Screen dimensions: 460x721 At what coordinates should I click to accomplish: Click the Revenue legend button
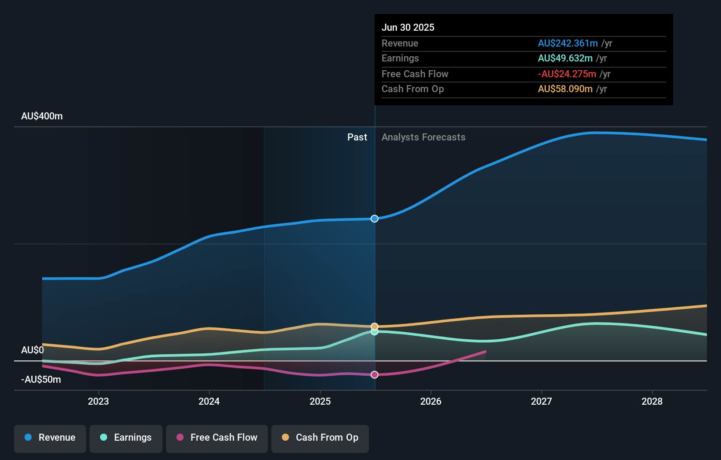pos(50,438)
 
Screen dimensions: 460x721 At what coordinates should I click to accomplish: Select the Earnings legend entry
pos(126,438)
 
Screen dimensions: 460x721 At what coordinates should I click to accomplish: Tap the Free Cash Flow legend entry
pos(217,438)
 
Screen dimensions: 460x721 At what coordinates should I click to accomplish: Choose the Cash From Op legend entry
pos(320,438)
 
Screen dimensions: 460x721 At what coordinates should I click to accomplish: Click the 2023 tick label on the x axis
pos(98,401)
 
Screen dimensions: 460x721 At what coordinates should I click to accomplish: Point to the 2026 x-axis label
pos(431,401)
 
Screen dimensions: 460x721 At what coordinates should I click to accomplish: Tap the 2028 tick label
pos(652,401)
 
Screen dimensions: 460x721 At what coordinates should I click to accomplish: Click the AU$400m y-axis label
pos(42,116)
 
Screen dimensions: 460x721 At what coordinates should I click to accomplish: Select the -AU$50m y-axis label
pos(41,380)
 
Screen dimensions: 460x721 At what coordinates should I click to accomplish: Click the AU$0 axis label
pos(32,350)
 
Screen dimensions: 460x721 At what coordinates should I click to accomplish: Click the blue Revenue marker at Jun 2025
pos(375,219)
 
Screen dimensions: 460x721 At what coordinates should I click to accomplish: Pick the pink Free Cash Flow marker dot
pos(375,375)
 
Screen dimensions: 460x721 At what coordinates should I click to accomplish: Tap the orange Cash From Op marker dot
pos(375,326)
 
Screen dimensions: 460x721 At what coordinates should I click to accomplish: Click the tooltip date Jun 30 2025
pos(408,28)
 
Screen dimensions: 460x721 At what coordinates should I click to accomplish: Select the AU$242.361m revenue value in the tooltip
pos(567,43)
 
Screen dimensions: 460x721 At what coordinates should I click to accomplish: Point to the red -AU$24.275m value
pos(566,74)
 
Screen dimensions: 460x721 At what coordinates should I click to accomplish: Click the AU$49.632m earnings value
pos(565,58)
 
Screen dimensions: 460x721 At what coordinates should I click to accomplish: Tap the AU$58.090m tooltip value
pos(565,89)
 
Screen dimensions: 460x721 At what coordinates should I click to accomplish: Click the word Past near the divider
pos(357,137)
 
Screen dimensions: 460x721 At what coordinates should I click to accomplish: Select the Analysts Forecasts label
pos(423,137)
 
